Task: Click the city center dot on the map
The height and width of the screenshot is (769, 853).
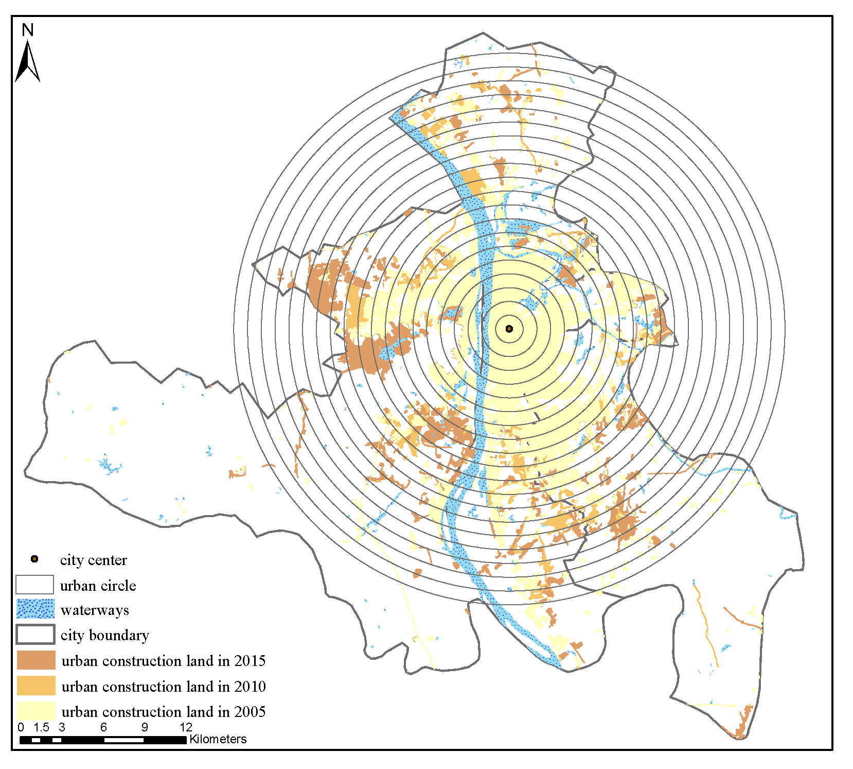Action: pos(509,329)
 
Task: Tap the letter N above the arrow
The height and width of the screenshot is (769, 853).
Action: pos(28,30)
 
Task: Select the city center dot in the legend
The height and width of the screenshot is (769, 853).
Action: pos(34,559)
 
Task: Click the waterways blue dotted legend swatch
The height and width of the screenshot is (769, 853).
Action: pos(35,609)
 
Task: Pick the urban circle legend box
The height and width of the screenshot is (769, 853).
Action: pos(34,585)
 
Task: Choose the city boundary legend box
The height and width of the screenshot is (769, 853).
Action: pos(35,634)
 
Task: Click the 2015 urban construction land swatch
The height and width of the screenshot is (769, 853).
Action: pos(35,660)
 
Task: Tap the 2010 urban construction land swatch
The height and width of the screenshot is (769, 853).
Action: pos(35,686)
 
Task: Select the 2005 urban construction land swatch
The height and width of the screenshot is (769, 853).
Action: pos(35,711)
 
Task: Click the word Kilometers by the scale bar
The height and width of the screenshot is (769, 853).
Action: pos(218,739)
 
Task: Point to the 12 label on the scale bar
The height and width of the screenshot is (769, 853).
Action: pos(186,727)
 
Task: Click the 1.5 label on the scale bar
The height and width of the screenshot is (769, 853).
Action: pos(41,727)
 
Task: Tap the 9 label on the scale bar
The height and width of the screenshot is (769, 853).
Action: pos(145,727)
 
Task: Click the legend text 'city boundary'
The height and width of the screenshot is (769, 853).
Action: pos(104,635)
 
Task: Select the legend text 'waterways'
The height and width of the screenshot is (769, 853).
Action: pos(95,610)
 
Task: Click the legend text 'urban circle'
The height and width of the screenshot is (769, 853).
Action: pos(98,586)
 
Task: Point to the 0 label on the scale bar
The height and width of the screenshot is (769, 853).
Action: pos(21,727)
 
